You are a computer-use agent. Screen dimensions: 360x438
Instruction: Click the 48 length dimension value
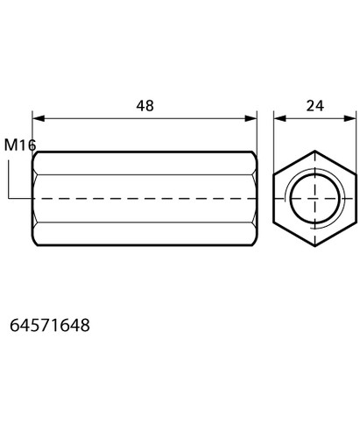click(x=145, y=106)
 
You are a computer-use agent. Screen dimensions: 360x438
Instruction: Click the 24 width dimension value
click(x=314, y=106)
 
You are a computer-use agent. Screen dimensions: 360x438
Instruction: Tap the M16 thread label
click(x=20, y=145)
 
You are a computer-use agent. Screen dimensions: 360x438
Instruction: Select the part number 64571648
click(x=50, y=325)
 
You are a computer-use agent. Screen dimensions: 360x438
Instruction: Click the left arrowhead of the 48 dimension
click(x=39, y=118)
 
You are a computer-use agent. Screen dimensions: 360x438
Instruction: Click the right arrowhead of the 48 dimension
click(x=251, y=118)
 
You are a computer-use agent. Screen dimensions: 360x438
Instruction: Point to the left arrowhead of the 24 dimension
click(x=279, y=118)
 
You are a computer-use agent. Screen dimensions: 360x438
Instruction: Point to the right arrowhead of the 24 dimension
click(x=350, y=118)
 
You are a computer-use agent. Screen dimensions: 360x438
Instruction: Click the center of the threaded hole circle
click(x=315, y=199)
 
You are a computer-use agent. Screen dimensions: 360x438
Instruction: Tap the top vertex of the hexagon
click(x=314, y=151)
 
